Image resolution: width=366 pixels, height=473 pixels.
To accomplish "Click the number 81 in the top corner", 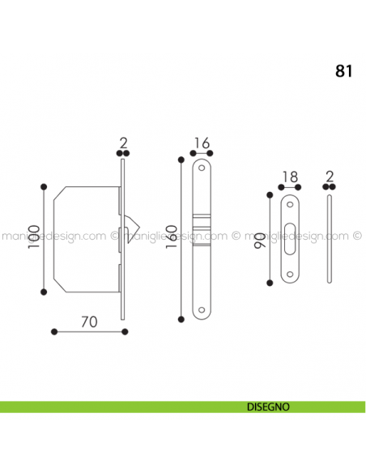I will pos(343,70).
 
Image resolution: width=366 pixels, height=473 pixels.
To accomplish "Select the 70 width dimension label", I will pos(89,321).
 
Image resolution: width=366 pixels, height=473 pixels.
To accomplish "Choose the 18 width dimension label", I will pos(288,177).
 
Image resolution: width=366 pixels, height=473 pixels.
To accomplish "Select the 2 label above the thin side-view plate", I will pos(329,177).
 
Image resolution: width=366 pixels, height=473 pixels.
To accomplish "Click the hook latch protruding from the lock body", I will pos(130,224).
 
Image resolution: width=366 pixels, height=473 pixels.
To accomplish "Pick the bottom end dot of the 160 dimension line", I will pos(182,317).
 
